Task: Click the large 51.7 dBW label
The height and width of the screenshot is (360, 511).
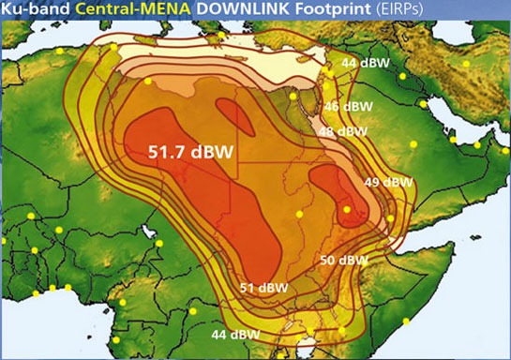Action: tap(191, 149)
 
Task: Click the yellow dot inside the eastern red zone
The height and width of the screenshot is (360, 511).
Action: tap(347, 210)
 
